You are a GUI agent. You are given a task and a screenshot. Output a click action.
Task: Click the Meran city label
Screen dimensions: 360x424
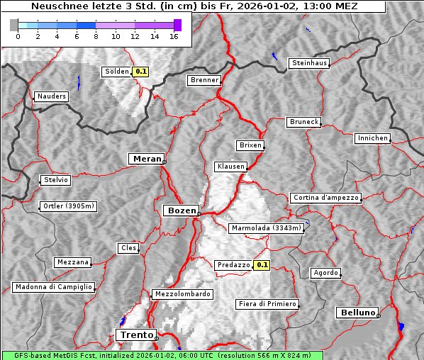point(146,159)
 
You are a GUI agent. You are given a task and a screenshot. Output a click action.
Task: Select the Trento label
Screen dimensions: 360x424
point(134,334)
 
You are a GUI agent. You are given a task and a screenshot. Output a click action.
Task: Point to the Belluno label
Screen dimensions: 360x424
point(357,312)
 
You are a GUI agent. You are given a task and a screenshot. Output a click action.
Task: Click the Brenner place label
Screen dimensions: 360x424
point(205,80)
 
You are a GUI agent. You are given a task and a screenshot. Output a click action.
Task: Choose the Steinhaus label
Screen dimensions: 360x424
point(310,63)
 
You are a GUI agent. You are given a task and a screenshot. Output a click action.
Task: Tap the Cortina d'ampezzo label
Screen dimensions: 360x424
point(325,198)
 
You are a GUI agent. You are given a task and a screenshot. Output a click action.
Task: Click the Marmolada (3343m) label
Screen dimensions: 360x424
point(267,228)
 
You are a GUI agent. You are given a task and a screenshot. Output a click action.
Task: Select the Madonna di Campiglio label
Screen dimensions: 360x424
point(53,287)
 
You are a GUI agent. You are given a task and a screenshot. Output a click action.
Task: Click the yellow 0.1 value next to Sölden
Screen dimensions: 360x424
point(141,72)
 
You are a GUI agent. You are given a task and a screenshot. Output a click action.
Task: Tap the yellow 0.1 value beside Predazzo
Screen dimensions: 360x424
point(262,265)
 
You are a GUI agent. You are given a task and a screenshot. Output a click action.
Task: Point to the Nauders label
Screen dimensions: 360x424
point(51,96)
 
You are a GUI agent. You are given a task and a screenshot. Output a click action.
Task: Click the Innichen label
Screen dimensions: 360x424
point(372,138)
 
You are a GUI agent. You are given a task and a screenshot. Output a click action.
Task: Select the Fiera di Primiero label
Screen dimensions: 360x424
point(267,304)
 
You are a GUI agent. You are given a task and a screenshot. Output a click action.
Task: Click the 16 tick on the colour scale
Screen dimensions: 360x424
point(173,36)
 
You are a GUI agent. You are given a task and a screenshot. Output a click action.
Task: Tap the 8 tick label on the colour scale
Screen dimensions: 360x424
point(96,36)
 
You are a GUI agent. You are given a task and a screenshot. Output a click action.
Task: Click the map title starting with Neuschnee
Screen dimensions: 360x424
point(194,6)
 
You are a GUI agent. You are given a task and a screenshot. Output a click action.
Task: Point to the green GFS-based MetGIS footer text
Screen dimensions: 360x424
point(162,355)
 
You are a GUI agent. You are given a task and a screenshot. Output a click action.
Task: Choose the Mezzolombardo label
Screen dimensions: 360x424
point(182,294)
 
